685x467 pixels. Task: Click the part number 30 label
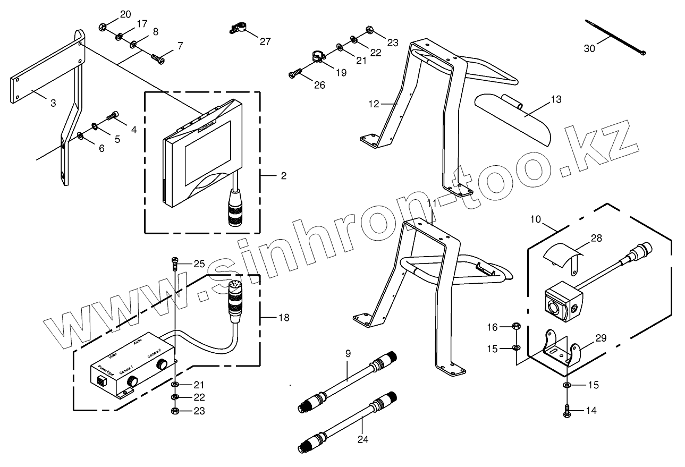click(589, 48)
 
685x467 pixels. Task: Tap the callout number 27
click(265, 41)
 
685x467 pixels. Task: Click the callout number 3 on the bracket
click(53, 103)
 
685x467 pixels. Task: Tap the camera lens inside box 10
click(554, 308)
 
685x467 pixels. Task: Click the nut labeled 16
click(516, 326)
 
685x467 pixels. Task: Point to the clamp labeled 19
click(317, 56)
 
